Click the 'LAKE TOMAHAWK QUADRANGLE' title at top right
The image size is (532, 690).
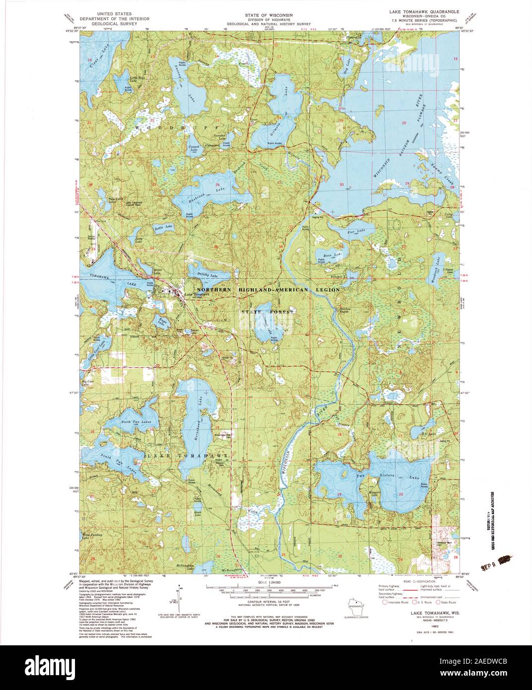(424, 10)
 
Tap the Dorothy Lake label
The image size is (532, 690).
(207, 276)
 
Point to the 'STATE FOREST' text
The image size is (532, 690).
(268, 312)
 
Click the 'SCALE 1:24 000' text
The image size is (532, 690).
(266, 582)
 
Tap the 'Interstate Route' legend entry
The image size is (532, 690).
(396, 602)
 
